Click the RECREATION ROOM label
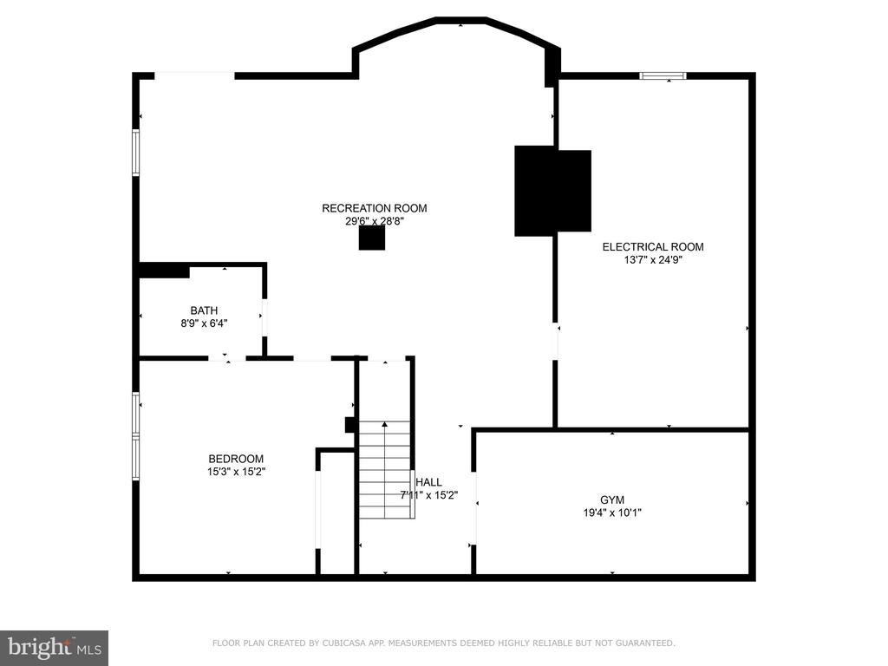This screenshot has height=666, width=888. point(375,208)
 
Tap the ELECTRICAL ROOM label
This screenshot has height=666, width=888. point(653,247)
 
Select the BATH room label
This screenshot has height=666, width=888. point(204,310)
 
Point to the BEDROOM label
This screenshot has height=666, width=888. point(236,459)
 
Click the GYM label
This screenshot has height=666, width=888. point(612,500)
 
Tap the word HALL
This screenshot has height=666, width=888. point(428,482)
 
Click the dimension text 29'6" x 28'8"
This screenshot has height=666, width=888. point(375,221)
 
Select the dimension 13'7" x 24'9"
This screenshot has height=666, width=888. point(653,260)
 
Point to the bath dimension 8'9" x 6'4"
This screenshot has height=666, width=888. point(204,324)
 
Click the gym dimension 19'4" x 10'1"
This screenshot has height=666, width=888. point(612,513)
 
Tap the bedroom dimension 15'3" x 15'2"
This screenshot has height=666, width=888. point(236,472)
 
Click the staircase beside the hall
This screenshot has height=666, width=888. point(385,470)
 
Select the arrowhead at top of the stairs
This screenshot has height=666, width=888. point(385,423)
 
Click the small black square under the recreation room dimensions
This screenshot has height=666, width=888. point(372,238)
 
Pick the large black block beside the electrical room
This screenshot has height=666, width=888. point(552,192)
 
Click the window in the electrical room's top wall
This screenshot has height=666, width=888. point(663,76)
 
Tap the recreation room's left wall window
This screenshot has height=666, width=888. point(136,153)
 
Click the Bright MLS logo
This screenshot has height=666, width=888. point(55,648)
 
